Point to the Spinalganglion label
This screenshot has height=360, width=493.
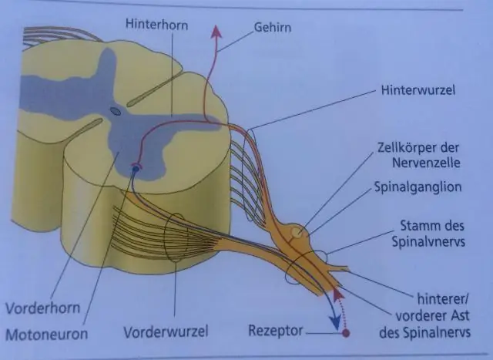[418, 187]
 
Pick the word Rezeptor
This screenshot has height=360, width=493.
[274, 331]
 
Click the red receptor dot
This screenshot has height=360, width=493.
[346, 333]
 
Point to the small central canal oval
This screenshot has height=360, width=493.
[115, 112]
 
